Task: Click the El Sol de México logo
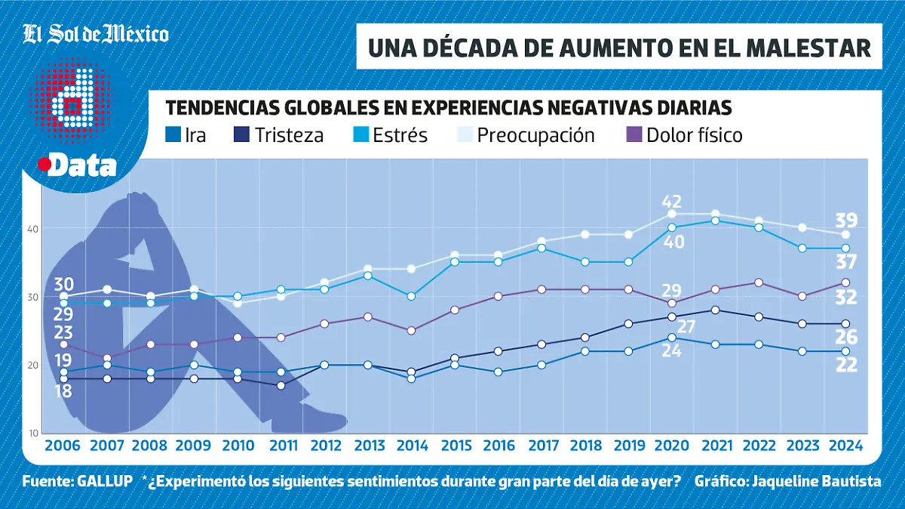pyautogui.click(x=96, y=34)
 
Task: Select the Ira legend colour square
pyautogui.click(x=172, y=135)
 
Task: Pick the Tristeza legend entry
pyautogui.click(x=279, y=135)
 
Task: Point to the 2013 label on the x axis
pyautogui.click(x=369, y=445)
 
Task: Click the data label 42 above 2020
pyautogui.click(x=672, y=202)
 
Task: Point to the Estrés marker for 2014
pyautogui.click(x=411, y=297)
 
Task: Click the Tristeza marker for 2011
pyautogui.click(x=281, y=386)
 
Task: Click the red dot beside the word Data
pyautogui.click(x=44, y=164)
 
